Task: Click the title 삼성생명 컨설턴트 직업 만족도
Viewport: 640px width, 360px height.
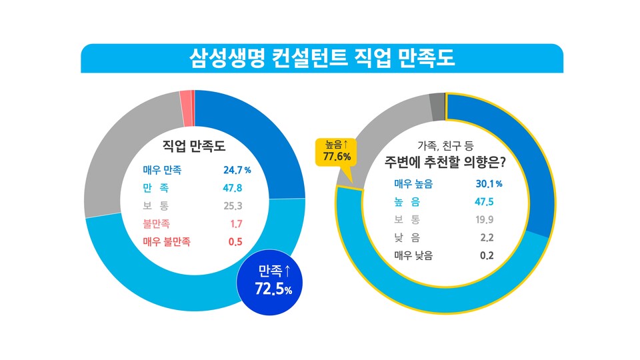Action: coord(321,59)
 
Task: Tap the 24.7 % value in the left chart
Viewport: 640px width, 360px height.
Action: coord(237,170)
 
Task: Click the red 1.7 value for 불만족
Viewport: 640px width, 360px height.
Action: coord(235,224)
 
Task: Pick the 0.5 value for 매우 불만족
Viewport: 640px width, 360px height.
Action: coord(235,242)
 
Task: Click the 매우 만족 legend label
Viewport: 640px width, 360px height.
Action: coord(163,170)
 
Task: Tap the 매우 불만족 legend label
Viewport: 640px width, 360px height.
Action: coord(167,242)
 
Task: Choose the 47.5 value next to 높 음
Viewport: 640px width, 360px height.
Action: coord(485,201)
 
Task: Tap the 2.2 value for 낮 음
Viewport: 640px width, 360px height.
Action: coord(487,237)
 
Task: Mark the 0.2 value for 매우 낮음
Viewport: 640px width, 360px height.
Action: coord(487,255)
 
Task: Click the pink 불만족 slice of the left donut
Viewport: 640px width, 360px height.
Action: coord(185,108)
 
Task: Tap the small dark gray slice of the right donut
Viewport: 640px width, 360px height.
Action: coord(437,107)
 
